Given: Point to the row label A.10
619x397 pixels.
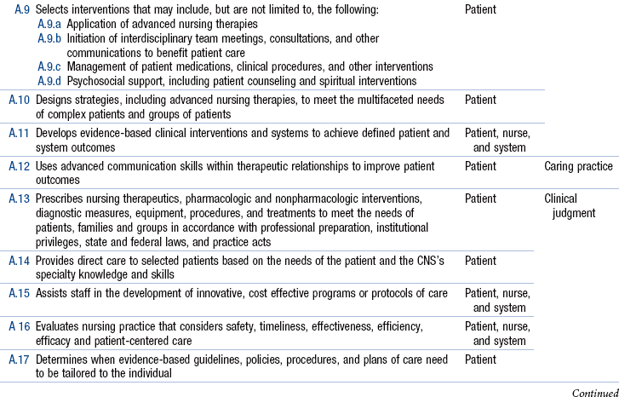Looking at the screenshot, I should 20,100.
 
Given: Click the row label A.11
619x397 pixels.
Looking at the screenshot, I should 20,133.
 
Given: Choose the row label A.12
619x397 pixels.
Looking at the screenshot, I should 20,165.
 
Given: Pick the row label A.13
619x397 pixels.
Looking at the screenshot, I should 20,198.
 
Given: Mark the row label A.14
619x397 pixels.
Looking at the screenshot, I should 20,260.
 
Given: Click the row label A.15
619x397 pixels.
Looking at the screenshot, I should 20,292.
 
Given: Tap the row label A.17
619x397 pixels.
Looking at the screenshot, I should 20,359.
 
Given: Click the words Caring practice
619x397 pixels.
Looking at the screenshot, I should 578,165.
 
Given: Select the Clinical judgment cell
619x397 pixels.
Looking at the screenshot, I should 570,205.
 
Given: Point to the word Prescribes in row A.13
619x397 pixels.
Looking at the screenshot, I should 60,198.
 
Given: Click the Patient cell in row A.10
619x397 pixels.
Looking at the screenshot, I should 481,100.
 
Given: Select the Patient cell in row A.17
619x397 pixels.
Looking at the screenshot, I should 481,359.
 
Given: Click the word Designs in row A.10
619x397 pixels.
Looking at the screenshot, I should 54,100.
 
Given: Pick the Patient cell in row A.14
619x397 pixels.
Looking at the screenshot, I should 481,260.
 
